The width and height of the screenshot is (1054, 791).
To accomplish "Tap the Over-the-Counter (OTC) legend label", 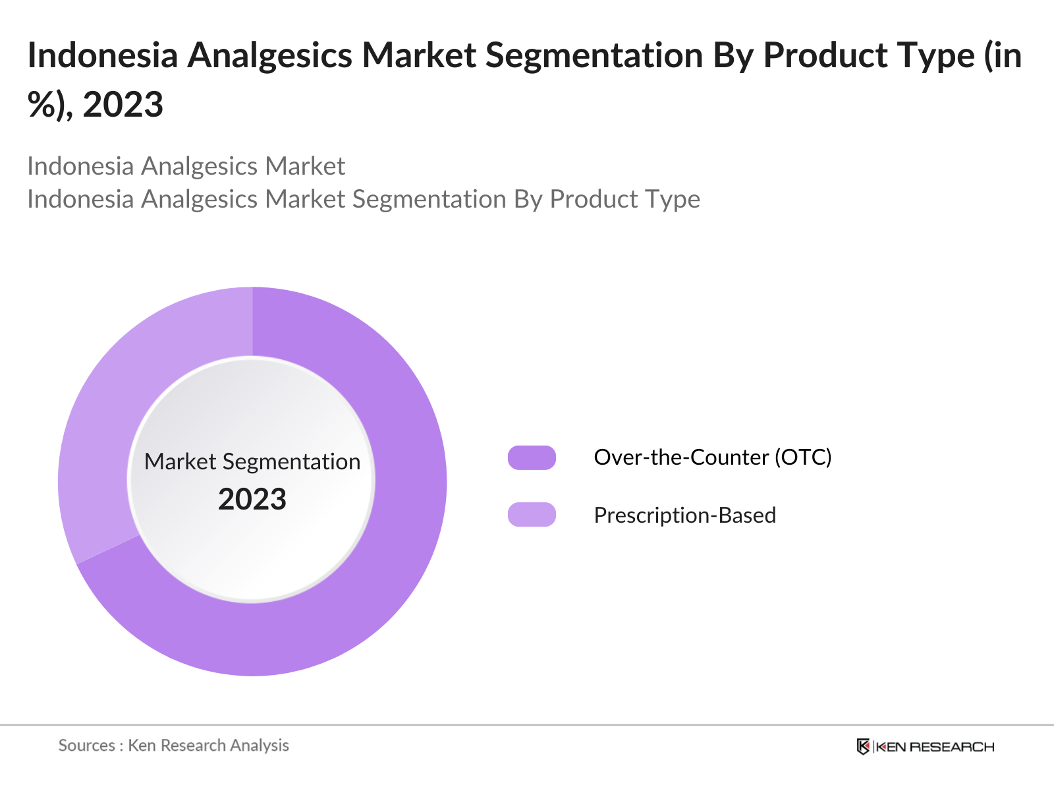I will (x=713, y=457).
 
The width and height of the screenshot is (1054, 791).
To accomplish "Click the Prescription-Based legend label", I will (x=684, y=515).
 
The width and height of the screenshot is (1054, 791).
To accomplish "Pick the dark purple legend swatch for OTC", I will (x=532, y=457).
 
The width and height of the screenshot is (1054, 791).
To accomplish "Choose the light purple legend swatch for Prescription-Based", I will (x=532, y=515).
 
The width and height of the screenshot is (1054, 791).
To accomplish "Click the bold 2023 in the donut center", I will (x=252, y=500).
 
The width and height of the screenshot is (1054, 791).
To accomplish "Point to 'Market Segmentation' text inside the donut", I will (x=252, y=461).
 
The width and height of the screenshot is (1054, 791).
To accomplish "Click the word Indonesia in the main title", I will (x=103, y=55).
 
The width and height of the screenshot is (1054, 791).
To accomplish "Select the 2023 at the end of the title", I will (x=123, y=105).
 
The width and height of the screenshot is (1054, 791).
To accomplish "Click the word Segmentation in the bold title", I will (x=595, y=55).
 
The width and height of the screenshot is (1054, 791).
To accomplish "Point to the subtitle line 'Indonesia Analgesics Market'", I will (x=186, y=166).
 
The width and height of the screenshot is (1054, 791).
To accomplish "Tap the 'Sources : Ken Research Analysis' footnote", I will (x=174, y=746).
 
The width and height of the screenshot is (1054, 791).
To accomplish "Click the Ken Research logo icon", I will (x=863, y=747).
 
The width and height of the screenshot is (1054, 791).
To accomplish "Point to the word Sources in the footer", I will (x=86, y=746).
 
